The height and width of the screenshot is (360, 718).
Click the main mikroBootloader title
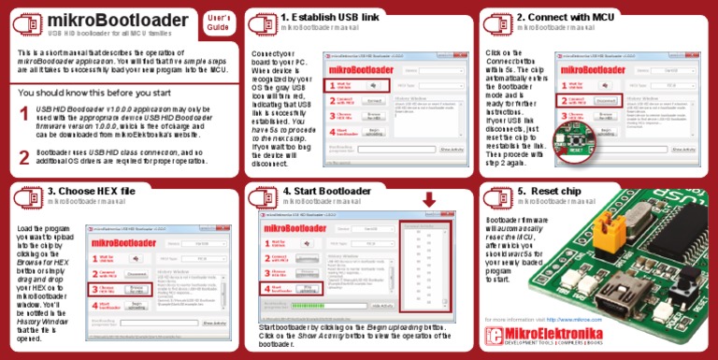116,20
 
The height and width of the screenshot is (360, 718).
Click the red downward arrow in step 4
429,199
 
